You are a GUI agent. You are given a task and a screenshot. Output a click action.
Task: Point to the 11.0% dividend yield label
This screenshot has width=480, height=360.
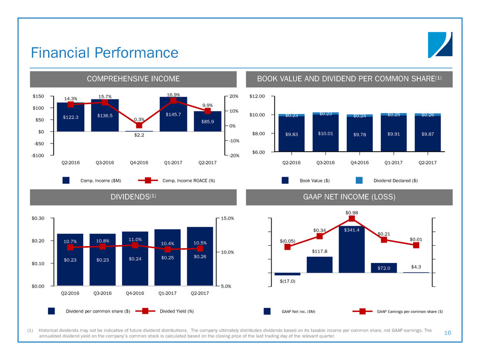tap(135, 238)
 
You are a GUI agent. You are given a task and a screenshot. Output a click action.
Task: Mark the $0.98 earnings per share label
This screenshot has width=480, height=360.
tap(351, 213)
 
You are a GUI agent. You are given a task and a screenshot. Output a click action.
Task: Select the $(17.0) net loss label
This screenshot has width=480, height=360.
tap(287, 280)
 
